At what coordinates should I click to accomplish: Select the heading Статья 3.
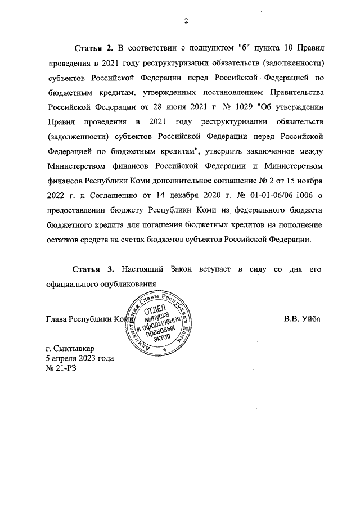coord(94,269)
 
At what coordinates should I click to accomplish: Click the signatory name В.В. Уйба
coord(302,318)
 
